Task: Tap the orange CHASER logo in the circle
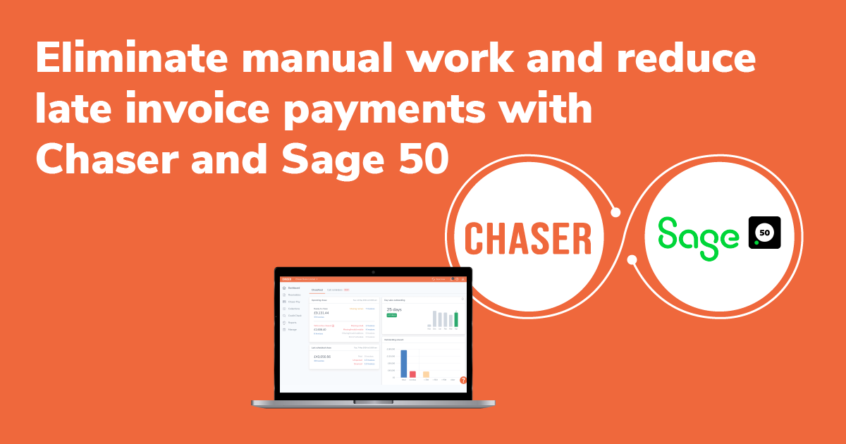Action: click(529, 238)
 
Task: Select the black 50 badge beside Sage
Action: click(764, 233)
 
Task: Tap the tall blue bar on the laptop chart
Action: click(404, 364)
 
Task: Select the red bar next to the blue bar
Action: click(413, 374)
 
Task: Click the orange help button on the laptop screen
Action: click(463, 380)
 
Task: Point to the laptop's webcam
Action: click(373, 271)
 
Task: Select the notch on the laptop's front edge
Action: click(373, 402)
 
